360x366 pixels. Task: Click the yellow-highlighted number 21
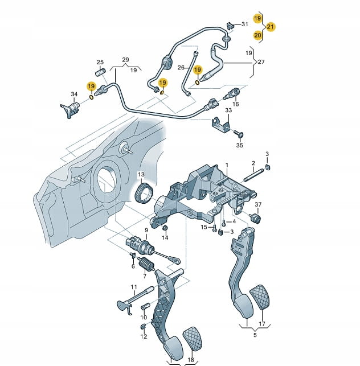pos(271,27)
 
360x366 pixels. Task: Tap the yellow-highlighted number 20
pos(257,35)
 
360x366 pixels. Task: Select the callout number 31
pos(244,24)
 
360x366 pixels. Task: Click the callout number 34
pos(74,94)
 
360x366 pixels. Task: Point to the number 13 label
pos(140,174)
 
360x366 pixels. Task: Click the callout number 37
pos(257,205)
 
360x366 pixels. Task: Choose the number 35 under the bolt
pos(239,146)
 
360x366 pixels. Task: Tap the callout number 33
pos(228,110)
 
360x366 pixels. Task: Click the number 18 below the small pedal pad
pos(190,360)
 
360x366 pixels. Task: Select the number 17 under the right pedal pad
pos(262,325)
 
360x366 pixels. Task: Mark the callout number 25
pos(100,62)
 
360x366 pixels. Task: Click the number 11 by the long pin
pos(134,287)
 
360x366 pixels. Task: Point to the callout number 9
pos(146,230)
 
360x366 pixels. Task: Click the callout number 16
pos(235,104)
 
